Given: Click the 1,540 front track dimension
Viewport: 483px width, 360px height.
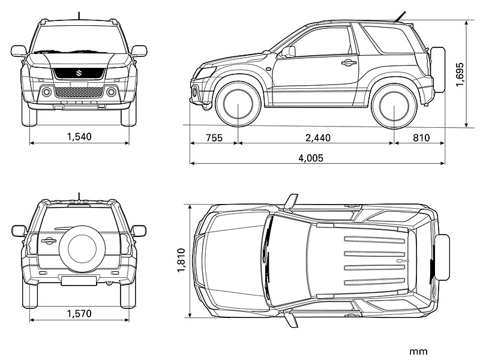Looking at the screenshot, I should coord(79,137).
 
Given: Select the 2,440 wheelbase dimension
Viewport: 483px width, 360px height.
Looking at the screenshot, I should coord(317,138).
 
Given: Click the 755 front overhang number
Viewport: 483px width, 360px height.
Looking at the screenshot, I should coord(214,138).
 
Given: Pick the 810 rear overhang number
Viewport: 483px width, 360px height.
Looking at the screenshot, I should coord(421,138).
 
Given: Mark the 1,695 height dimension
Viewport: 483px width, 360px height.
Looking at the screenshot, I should coord(460,74).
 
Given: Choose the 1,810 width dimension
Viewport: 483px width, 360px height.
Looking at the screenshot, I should coord(181,261).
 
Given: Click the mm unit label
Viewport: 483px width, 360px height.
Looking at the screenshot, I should coord(418,351).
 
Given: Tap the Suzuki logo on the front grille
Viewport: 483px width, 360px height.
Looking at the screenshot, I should coord(79,73).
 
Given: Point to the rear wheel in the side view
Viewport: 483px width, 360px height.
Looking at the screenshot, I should coord(394,106).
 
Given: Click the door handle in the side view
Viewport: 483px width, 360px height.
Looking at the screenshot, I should coord(349,62).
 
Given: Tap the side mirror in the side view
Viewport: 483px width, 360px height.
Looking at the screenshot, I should coord(289,52).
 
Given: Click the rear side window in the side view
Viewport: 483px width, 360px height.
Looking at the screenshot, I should coord(391,40).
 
